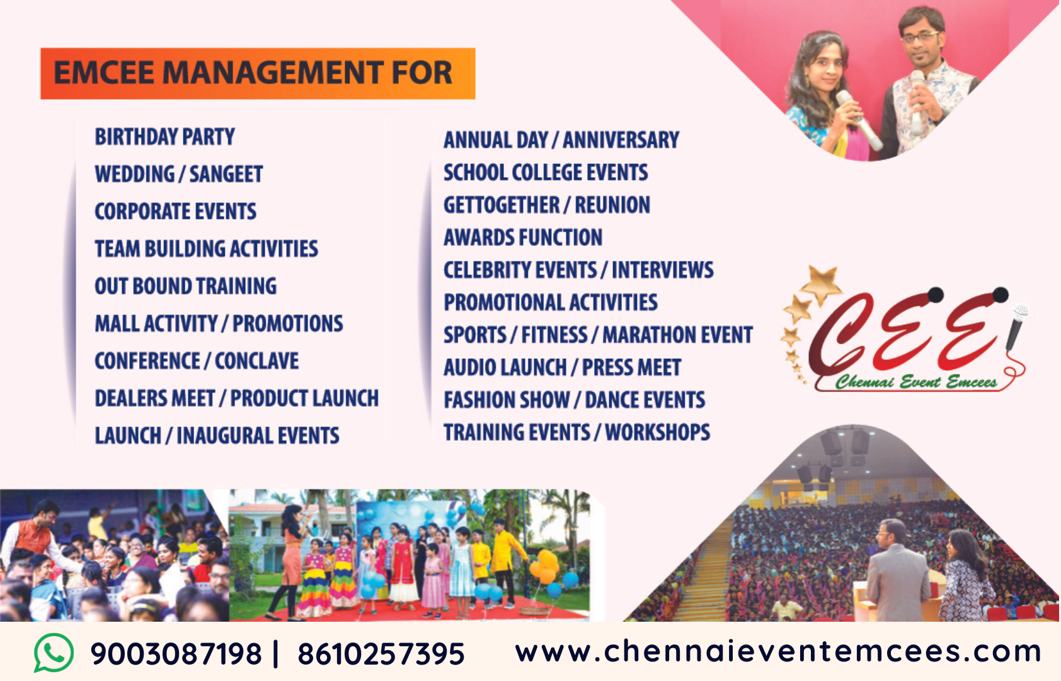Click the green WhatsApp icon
pos(54,653)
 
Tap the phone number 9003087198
pos(176,654)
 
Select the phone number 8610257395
pos(381,654)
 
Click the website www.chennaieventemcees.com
pos(777,651)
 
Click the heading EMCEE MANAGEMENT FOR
pos(253,73)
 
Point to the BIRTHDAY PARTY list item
pos(165,137)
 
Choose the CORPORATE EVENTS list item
pos(175,211)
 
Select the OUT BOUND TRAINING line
pos(186,286)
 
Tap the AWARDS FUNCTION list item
pos(523,238)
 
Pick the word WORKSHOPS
pos(657,432)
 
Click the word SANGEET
pos(226,175)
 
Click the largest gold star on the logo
pos(822,284)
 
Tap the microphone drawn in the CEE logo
pos(1016,327)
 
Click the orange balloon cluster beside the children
pos(545,566)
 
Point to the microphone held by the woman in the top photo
pos(858,120)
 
